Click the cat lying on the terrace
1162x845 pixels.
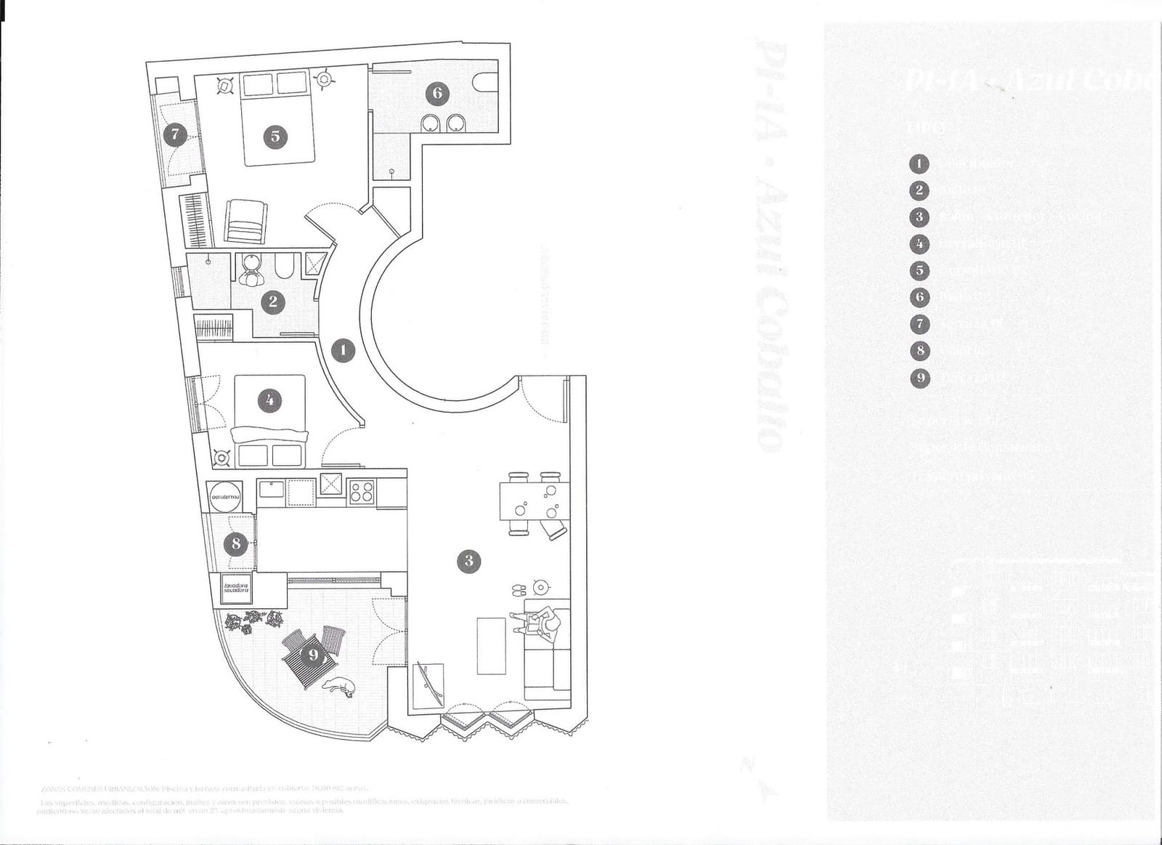pyautogui.click(x=340, y=685)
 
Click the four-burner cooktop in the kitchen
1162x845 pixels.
pyautogui.click(x=362, y=492)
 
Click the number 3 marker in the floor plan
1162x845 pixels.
pyautogui.click(x=469, y=560)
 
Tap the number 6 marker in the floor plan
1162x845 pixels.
pyautogui.click(x=437, y=92)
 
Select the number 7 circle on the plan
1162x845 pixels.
pyautogui.click(x=175, y=134)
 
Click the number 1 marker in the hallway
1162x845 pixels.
pyautogui.click(x=343, y=351)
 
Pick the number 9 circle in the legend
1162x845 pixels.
pyautogui.click(x=919, y=378)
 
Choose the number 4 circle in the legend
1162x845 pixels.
pyautogui.click(x=919, y=243)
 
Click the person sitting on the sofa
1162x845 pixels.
pyautogui.click(x=543, y=623)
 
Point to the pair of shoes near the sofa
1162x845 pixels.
pyautogui.click(x=519, y=589)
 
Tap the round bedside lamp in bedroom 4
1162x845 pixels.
pyautogui.click(x=221, y=458)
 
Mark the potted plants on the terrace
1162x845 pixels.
pyautogui.click(x=253, y=621)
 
